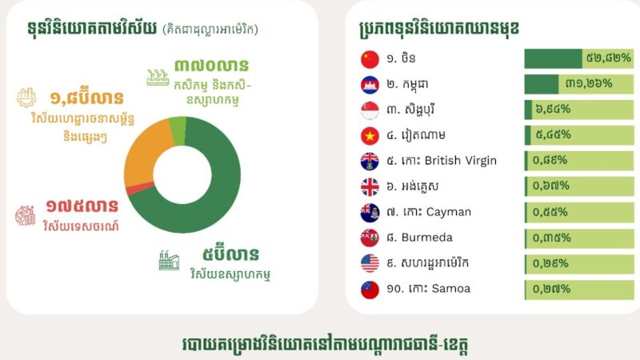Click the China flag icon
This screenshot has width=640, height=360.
(370, 59)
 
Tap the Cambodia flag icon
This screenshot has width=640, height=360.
(370, 85)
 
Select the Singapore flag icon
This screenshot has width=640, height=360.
(370, 110)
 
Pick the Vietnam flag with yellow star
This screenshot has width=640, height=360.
(370, 135)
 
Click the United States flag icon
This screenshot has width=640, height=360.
(370, 263)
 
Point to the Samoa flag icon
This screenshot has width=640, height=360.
(370, 290)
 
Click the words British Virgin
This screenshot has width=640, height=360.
(461, 161)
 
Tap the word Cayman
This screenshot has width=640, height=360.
(449, 212)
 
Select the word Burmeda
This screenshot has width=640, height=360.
(427, 238)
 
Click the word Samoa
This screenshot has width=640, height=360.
(451, 289)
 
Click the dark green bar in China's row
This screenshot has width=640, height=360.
(553, 58)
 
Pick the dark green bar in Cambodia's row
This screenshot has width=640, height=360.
(542, 84)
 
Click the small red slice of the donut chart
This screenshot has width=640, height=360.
(139, 189)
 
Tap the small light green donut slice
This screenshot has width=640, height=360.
(178, 131)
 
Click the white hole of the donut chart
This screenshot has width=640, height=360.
(182, 174)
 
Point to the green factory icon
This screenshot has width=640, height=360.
(169, 260)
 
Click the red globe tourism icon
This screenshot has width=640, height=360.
(26, 215)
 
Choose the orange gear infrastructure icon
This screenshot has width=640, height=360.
(26, 98)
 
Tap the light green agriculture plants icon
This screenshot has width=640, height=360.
(158, 78)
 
